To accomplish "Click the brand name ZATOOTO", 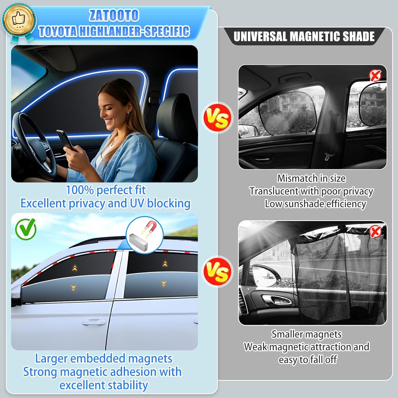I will [114, 15].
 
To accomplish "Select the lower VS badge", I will [217, 272].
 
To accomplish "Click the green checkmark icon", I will [26, 228].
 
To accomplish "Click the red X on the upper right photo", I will [375, 76].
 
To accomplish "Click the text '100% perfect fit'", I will [106, 190].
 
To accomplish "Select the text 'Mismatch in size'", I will [311, 178].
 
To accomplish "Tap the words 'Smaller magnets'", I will [306, 334].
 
